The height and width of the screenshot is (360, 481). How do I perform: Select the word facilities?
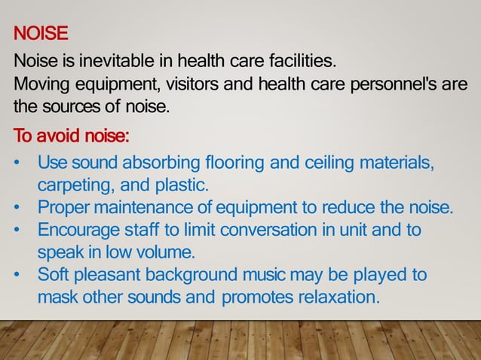tap(296, 59)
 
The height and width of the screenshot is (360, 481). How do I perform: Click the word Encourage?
tap(76, 230)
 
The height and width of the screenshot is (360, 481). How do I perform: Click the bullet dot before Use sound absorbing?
tap(17, 163)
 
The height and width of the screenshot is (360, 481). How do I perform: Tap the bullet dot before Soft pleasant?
tap(17, 275)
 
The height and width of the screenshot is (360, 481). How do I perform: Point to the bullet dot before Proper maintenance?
tap(17, 209)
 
